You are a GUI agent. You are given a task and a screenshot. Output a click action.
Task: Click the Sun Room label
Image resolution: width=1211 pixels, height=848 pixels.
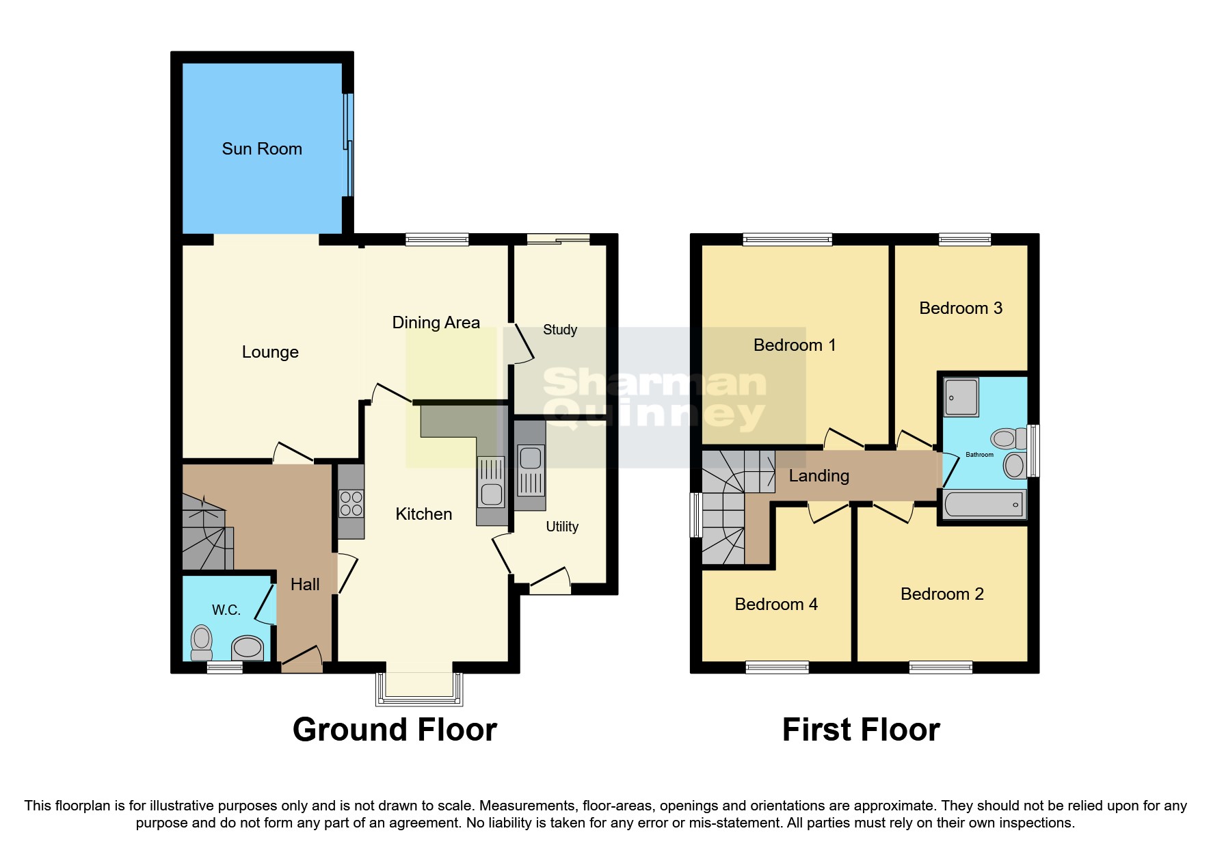262,149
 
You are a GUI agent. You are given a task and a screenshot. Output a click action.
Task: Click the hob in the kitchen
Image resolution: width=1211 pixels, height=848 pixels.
351,504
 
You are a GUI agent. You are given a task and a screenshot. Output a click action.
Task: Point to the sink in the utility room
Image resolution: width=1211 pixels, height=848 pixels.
531,458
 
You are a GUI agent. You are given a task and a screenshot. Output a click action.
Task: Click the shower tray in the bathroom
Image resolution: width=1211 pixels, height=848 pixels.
961,397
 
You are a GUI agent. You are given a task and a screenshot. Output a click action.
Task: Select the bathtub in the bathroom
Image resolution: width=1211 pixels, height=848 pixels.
983,505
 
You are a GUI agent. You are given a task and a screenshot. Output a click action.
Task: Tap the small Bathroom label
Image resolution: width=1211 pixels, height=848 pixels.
979,455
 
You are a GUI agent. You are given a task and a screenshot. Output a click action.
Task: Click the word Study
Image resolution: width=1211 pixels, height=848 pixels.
560,330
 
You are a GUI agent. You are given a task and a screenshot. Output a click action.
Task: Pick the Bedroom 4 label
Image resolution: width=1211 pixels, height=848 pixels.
776,605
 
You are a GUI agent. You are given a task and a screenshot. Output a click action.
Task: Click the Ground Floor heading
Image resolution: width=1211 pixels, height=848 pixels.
395,730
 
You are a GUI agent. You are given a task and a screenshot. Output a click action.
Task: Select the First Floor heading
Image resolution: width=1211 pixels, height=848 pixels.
861,730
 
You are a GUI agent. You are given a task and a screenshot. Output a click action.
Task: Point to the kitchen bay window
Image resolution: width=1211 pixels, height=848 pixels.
419,689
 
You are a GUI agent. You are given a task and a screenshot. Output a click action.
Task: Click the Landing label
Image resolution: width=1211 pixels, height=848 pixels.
819,476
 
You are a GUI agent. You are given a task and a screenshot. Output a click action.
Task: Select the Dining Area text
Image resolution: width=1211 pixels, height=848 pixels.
436,323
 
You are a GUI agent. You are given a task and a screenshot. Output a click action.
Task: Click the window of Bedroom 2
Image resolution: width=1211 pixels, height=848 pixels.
940,667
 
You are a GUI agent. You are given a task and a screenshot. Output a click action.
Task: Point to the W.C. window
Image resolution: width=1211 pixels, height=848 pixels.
224,667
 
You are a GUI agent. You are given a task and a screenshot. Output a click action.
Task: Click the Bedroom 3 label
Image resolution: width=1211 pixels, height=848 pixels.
960,308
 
